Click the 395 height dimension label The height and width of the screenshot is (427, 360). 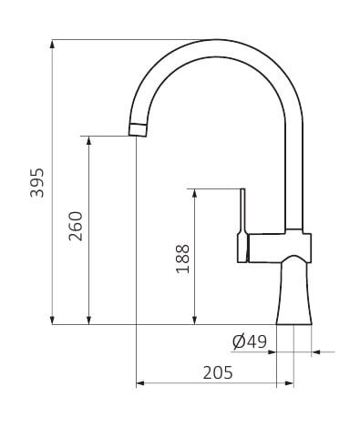pyautogui.click(x=37, y=182)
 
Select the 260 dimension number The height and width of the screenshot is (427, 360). pyautogui.click(x=76, y=226)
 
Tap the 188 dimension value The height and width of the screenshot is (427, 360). pyautogui.click(x=182, y=259)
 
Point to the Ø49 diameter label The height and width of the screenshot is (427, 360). pyautogui.click(x=250, y=341)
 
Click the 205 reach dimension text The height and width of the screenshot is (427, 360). pyautogui.click(x=218, y=372)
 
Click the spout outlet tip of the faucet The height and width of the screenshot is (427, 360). pyautogui.click(x=138, y=130)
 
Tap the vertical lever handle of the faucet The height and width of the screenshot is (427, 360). pyautogui.click(x=242, y=225)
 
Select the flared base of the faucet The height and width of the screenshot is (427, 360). pyautogui.click(x=294, y=290)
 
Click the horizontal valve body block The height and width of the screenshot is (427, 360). pyautogui.click(x=280, y=248)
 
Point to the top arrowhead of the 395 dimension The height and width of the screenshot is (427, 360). pyautogui.click(x=52, y=44)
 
